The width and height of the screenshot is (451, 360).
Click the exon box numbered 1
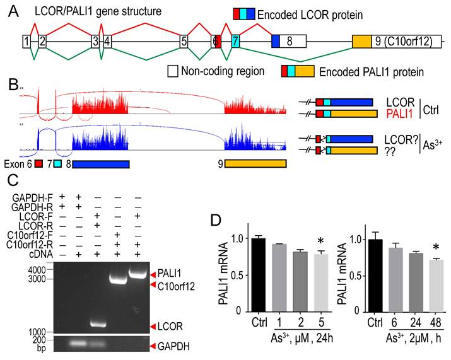26,42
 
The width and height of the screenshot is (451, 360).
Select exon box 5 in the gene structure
184,42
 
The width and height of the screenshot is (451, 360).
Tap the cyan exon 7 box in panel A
235,42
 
